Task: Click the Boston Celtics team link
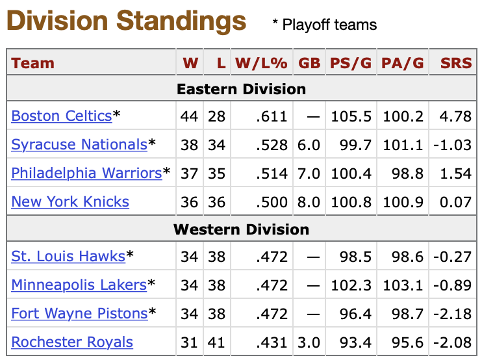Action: point(62,116)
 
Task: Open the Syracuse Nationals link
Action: point(79,145)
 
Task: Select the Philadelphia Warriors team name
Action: point(86,174)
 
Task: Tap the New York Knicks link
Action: point(70,202)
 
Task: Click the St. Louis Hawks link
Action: point(68,257)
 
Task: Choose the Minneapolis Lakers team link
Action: point(79,285)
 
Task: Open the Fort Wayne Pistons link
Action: point(79,314)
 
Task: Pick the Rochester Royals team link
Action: point(72,342)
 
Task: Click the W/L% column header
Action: point(260,64)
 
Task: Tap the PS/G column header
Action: point(351,64)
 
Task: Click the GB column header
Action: point(309,64)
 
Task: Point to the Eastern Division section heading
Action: point(241,90)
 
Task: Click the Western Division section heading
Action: point(241,230)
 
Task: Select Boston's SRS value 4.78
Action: point(456,117)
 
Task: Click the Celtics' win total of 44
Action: point(190,117)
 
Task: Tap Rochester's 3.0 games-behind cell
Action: point(310,343)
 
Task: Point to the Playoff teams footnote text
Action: point(324,25)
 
